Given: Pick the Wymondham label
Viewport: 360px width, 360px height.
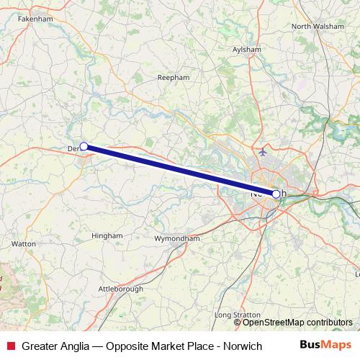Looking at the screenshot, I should (177, 238).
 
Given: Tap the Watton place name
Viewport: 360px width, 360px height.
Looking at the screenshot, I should (24, 244).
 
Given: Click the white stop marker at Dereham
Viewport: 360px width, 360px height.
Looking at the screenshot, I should (84, 146).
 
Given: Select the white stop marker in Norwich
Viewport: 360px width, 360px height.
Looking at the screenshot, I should (276, 194).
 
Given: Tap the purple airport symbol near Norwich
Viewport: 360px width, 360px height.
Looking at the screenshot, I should (263, 153).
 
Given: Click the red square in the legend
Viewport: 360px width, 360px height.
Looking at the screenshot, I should (10, 346).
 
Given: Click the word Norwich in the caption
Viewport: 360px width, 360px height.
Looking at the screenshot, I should (240, 346).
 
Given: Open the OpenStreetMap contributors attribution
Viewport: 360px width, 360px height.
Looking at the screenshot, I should (303, 322).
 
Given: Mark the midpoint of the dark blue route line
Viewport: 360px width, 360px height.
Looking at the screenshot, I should (180, 170).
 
